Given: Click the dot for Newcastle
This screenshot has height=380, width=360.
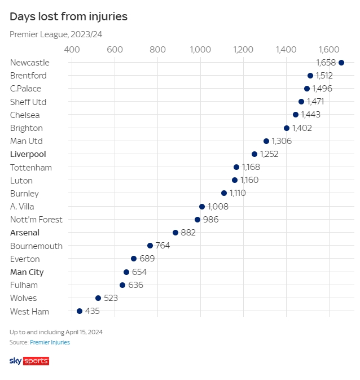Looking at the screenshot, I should [x=341, y=63].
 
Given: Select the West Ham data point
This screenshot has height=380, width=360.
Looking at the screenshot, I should [x=80, y=311].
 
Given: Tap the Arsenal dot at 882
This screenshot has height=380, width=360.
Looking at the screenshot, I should [x=175, y=233].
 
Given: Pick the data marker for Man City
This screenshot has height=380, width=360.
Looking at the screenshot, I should [x=126, y=272].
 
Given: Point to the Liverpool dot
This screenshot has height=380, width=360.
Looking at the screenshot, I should [x=254, y=154].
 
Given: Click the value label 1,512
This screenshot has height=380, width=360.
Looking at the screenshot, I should [x=324, y=76].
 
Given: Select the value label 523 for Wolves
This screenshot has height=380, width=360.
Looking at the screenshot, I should [x=111, y=298].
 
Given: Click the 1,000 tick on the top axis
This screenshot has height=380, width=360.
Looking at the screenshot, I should [x=200, y=49].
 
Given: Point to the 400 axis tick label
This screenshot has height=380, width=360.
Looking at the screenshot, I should [x=72, y=49].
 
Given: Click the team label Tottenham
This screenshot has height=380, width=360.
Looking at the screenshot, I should [x=31, y=168].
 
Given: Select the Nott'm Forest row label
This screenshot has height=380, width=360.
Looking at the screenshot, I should [x=36, y=220].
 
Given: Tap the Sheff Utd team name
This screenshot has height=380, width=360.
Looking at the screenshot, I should [x=28, y=102].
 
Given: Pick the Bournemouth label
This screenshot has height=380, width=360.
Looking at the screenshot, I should [x=36, y=246].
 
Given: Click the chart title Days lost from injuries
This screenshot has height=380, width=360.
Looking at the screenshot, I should [x=68, y=16].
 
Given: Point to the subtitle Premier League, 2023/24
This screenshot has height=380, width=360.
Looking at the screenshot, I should [x=56, y=34].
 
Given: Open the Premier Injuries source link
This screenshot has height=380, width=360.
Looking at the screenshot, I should [x=50, y=342].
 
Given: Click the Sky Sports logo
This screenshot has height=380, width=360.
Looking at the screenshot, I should [x=29, y=361].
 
